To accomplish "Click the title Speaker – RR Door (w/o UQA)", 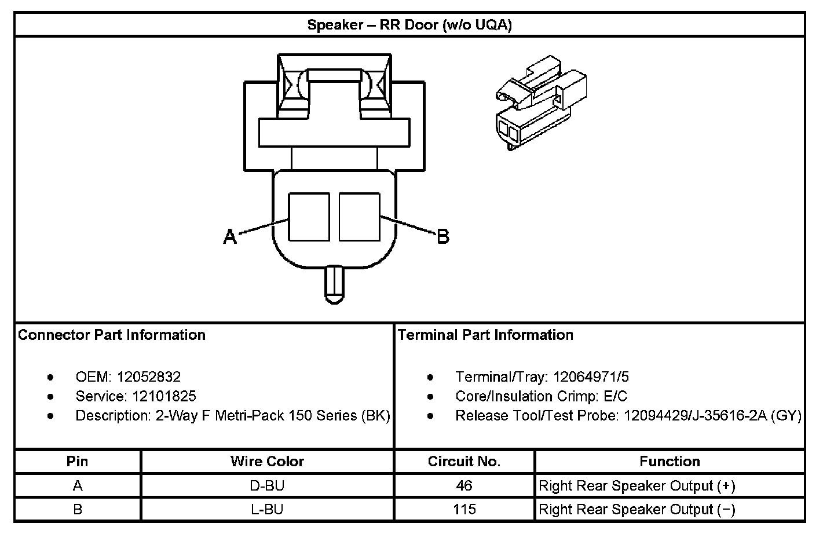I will pos(409,25).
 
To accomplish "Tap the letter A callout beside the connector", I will pos(231,237).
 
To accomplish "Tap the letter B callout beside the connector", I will pos(442,237).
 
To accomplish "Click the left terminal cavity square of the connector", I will pos(309,217).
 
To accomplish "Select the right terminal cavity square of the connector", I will pos(359,217).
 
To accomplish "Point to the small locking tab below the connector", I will pos(334,284).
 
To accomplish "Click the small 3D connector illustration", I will pos(540,103).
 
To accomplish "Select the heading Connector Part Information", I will pos(112,335).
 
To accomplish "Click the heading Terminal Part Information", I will pos(485,335).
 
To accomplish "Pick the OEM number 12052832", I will pos(149,377).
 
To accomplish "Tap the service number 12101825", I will pos(164,396).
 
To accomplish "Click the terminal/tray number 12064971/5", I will pos(591,377).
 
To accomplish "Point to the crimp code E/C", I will pos(615,396).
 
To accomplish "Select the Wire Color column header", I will pos(267,462).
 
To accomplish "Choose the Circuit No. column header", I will pos(464,462).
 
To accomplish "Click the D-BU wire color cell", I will pos(267,485).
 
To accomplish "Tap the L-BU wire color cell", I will pos(267,509).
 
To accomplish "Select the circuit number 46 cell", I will pos(464,485).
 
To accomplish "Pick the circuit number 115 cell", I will pos(464,509).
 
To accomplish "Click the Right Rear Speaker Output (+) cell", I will pos(637,485).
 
